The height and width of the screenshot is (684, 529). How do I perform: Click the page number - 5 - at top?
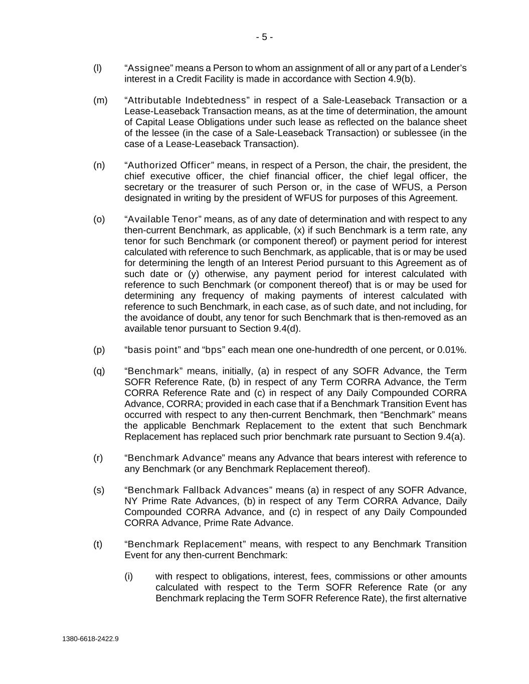pos(264,37)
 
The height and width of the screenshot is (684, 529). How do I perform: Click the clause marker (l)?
pos(97,68)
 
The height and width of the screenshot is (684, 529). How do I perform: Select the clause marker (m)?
pos(100,100)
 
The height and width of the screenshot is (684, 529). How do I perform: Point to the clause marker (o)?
pos(99,219)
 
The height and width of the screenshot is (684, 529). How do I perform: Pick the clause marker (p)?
pos(99,350)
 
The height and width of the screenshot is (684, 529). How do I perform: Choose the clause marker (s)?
pos(99,490)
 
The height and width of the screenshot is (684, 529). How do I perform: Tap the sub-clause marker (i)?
pos(129,576)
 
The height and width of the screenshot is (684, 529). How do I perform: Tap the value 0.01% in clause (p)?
pos(451,350)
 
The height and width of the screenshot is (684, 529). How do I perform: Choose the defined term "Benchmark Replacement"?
pos(185,544)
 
